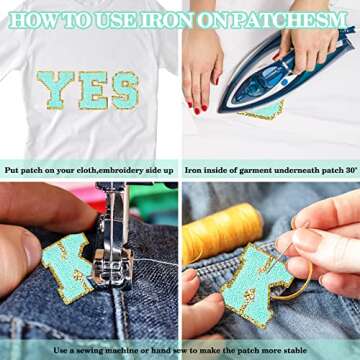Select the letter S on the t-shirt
click(125, 91)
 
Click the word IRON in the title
click(166, 21)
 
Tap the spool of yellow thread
click(222, 232)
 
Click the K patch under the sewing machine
click(67, 268)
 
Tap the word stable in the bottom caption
click(294, 350)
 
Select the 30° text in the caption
click(350, 170)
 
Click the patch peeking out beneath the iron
click(263, 111)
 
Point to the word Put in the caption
click(12, 171)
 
